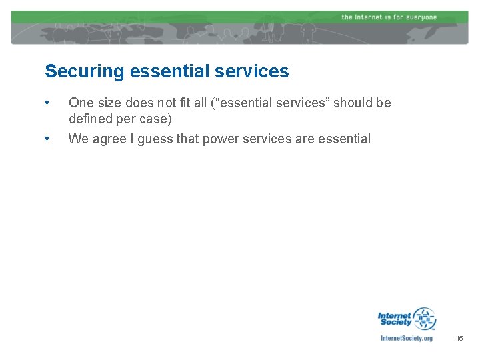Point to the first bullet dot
[x=47, y=103]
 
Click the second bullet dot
[x=47, y=139]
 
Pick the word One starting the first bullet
[x=81, y=103]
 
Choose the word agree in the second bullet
[x=109, y=139]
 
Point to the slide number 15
[x=459, y=339]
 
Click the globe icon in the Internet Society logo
[x=424, y=319]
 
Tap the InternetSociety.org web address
[x=406, y=338]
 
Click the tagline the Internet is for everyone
[x=389, y=17]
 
